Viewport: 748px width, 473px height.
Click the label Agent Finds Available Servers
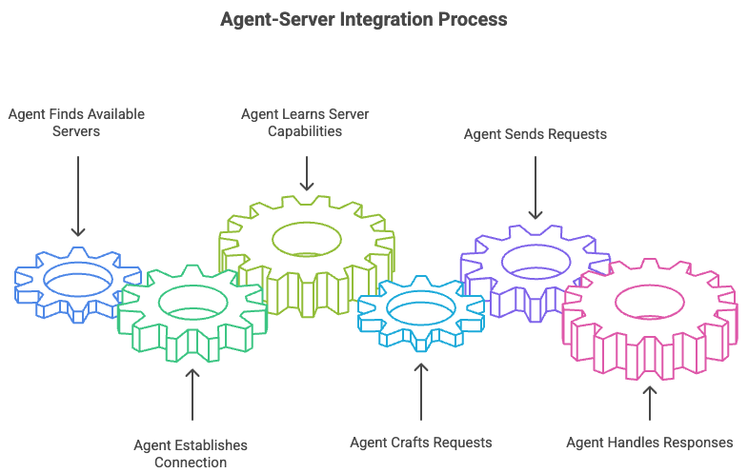pyautogui.click(x=76, y=122)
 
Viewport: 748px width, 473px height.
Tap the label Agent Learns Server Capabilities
pyautogui.click(x=305, y=122)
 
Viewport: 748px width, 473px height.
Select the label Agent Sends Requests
pyautogui.click(x=536, y=134)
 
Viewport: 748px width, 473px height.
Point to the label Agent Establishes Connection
pyautogui.click(x=191, y=453)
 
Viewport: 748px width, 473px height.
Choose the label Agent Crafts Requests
pyautogui.click(x=420, y=442)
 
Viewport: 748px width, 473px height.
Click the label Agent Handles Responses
pyautogui.click(x=650, y=442)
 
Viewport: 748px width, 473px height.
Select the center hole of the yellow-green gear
pyautogui.click(x=307, y=238)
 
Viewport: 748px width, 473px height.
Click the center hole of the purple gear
pyautogui.click(x=535, y=260)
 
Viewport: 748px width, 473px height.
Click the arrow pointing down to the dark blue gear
pyautogui.click(x=77, y=195)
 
